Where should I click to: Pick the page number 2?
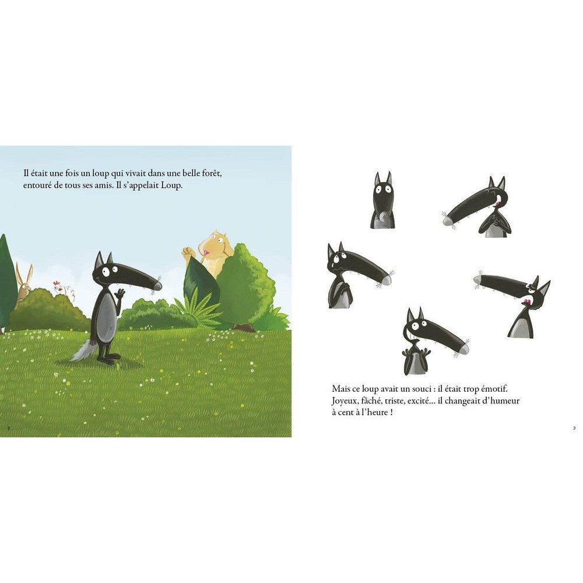[x=8, y=429]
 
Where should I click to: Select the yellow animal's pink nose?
[x=206, y=252]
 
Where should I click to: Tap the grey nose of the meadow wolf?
[x=156, y=286]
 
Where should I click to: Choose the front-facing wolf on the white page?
[x=382, y=201]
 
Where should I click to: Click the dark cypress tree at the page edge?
[x=6, y=283]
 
